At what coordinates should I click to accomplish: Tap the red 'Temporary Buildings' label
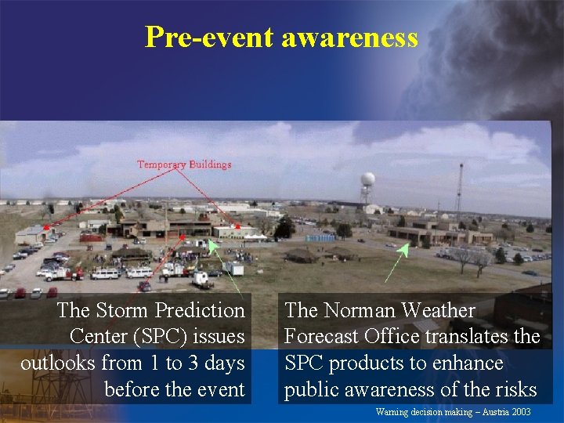(x=184, y=164)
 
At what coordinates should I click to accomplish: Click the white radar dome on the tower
(x=367, y=179)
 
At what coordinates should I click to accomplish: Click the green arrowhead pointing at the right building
(x=404, y=249)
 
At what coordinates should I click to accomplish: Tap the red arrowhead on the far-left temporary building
(x=47, y=226)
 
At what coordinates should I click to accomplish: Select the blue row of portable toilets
(x=319, y=237)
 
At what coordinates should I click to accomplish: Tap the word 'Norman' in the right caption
(x=356, y=310)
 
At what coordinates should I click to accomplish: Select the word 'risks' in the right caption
(x=514, y=389)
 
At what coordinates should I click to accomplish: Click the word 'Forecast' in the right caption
(x=324, y=336)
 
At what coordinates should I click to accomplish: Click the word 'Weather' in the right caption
(x=437, y=310)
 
